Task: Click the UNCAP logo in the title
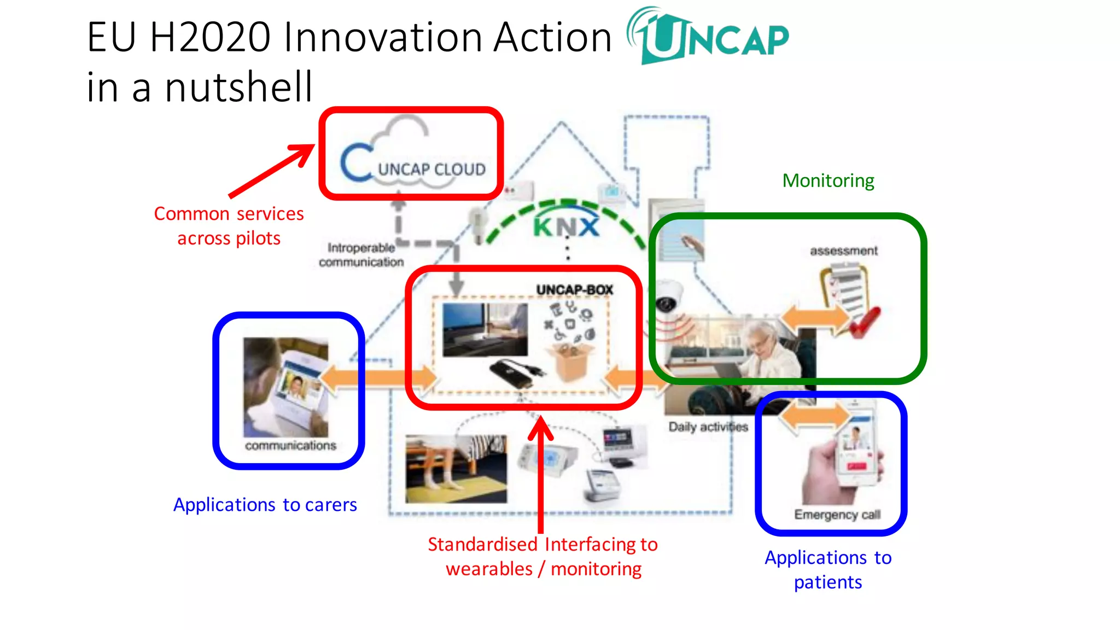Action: (708, 37)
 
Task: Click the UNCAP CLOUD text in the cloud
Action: (431, 170)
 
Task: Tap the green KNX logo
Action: (566, 226)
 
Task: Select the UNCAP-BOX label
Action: (574, 290)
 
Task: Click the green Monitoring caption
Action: (828, 180)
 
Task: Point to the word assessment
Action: (843, 251)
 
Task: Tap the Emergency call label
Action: (837, 515)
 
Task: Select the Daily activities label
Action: (708, 427)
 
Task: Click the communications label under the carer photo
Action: (290, 446)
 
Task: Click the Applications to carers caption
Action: (265, 504)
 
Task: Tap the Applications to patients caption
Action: (828, 569)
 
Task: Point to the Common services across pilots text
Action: (229, 225)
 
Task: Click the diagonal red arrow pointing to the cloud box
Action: (271, 171)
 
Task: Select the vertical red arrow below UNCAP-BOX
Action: (540, 476)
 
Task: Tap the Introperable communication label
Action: (361, 255)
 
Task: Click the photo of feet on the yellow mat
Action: (456, 469)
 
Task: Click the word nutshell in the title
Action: (238, 87)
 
